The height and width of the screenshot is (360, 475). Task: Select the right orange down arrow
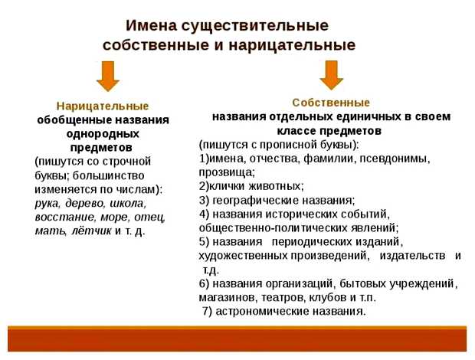[330, 74]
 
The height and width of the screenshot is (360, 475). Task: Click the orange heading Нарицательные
[103, 106]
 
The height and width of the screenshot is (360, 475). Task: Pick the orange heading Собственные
[331, 102]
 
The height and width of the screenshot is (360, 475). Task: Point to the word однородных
[103, 133]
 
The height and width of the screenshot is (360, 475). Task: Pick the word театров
[290, 297]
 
